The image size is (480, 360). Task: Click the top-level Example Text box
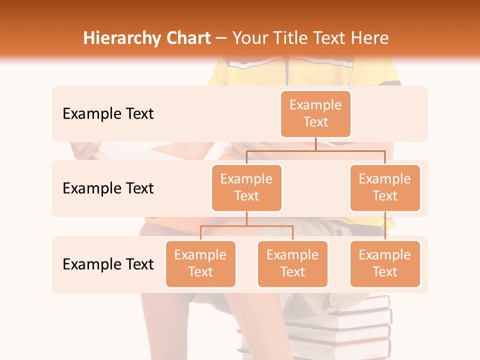pos(315,113)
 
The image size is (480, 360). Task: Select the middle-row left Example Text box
pos(246,187)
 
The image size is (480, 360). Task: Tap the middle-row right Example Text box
pos(385,187)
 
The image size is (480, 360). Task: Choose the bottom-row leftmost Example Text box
pos(200,263)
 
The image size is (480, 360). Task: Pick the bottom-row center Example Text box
pos(292,263)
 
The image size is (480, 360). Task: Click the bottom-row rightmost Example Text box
pos(385,263)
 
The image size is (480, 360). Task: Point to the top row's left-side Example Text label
pos(108,113)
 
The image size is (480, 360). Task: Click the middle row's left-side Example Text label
pos(108,188)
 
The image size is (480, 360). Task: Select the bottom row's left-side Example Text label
pos(108,264)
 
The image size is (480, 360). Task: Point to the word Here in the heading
pos(370,38)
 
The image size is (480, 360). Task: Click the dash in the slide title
pos(221,38)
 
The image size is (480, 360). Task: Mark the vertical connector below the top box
pos(315,144)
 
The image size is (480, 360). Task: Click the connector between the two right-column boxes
pos(385,226)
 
